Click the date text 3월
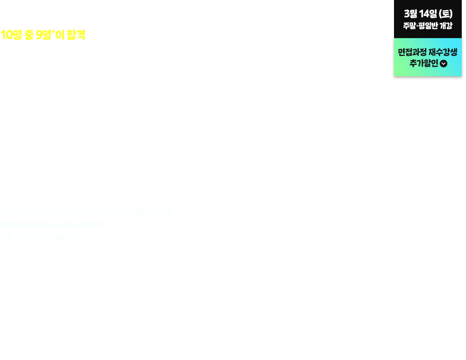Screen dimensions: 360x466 click(411, 14)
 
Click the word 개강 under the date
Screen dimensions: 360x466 click(445, 25)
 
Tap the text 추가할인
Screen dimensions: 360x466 click(423, 64)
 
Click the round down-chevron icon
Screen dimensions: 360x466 click(444, 64)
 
